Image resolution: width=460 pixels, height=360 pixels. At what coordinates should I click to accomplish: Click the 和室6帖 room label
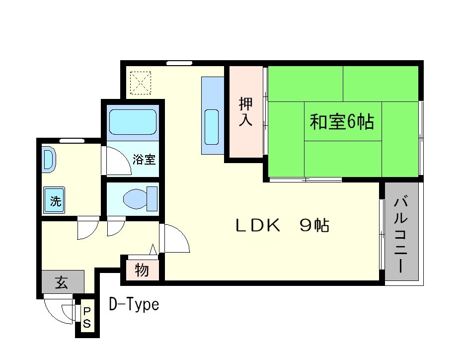pos(342,122)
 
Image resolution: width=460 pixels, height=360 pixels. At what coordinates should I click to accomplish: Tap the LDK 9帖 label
pos(282,226)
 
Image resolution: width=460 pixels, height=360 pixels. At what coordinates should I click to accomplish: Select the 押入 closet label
pos(245,112)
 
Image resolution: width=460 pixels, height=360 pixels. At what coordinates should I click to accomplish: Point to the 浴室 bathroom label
pos(145,160)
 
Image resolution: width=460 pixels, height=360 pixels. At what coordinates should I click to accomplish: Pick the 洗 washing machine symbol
pos(55,201)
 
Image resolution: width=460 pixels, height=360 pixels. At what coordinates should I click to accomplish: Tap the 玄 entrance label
pos(62,282)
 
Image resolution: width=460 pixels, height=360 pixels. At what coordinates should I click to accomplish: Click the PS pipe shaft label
pos(87,318)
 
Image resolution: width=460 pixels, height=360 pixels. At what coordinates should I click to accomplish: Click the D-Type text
pos(134,304)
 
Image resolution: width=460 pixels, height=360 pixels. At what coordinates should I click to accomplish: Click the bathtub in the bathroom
pos(133,122)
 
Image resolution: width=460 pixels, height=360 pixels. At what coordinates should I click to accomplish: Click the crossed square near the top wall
pos(141,83)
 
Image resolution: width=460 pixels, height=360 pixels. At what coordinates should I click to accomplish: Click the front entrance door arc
pos(57,309)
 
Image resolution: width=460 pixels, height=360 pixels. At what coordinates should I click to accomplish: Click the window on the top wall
pos(179,63)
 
